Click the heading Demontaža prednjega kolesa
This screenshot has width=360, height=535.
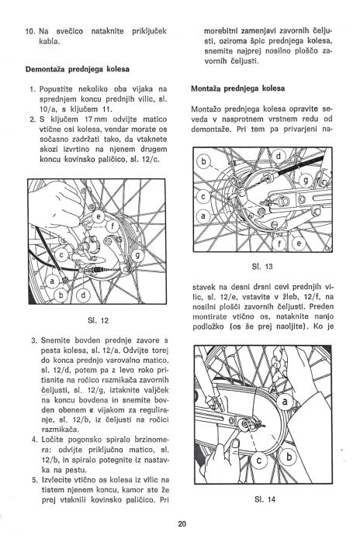click(78, 69)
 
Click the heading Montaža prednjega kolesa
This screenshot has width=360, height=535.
click(237, 88)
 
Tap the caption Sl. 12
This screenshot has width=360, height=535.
click(98, 320)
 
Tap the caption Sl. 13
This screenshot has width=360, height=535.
click(262, 267)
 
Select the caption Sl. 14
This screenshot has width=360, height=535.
click(265, 499)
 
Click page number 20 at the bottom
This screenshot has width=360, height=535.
click(182, 523)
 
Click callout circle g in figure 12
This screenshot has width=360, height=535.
click(138, 255)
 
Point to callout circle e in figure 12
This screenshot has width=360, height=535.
click(99, 216)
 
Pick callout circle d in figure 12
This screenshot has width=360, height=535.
click(84, 295)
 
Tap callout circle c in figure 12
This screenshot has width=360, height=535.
click(62, 254)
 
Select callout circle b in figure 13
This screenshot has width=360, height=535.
click(204, 161)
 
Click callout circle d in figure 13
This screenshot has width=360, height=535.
click(279, 157)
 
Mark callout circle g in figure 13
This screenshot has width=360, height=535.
click(306, 180)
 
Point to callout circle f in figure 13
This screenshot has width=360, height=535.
click(279, 243)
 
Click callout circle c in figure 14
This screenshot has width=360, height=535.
click(258, 461)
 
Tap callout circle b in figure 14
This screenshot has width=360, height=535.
click(289, 456)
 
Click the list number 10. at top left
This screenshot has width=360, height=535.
click(31, 31)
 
